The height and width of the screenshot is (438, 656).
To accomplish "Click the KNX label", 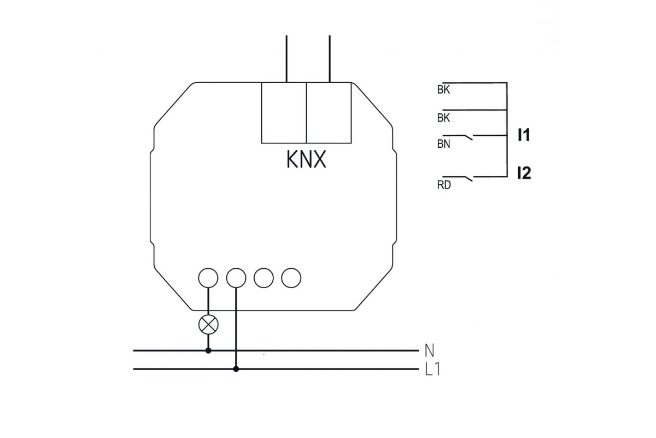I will tap(306, 159).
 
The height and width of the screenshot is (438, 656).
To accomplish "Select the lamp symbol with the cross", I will tap(208, 324).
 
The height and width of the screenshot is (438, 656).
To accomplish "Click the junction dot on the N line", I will tap(208, 350).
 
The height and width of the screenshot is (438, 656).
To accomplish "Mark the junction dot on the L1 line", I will tap(236, 369).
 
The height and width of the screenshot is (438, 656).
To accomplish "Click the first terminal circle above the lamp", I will tap(208, 278).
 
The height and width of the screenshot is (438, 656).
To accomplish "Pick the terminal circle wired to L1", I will tap(236, 278).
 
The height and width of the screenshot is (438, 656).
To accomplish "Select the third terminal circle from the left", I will tap(263, 278).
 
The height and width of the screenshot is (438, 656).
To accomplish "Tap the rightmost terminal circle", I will tap(291, 278).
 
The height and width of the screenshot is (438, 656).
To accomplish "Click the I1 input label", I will tap(524, 135).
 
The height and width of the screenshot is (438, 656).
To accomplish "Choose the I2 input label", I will tap(524, 174).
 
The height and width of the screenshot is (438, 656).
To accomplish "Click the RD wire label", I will tap(443, 185).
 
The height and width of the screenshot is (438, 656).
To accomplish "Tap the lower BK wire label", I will tap(443, 118).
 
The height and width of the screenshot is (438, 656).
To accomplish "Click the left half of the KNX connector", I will tap(284, 113).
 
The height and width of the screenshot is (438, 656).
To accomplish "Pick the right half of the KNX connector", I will tap(328, 113).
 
